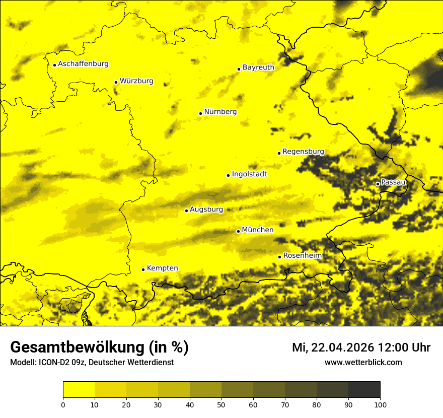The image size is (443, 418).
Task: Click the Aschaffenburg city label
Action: (x=83, y=64)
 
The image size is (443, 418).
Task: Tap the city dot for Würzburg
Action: (x=116, y=82)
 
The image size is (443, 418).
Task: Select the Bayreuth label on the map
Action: (x=258, y=67)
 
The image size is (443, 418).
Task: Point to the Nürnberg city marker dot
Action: (x=200, y=113)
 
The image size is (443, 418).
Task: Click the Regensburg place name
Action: (x=303, y=152)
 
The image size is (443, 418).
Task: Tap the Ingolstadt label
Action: (x=249, y=174)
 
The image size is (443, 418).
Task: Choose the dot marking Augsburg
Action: (x=186, y=211)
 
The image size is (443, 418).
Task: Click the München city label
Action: (x=258, y=230)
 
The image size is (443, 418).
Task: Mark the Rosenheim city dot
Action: (x=279, y=257)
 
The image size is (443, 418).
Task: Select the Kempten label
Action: (x=162, y=268)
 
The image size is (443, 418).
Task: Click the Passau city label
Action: (x=393, y=182)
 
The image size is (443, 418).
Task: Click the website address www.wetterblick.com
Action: (x=363, y=362)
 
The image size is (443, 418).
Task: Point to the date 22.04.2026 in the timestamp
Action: (x=342, y=347)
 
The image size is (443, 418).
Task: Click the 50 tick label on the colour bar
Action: (x=221, y=404)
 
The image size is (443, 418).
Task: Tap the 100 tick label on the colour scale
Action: (x=380, y=404)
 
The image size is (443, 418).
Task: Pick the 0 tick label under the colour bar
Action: (x=63, y=404)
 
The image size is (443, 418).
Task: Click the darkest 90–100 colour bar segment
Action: (x=364, y=390)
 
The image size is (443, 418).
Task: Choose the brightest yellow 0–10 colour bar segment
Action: (x=79, y=390)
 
